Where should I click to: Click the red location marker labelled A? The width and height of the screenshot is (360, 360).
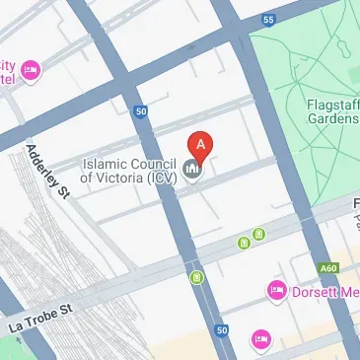pyautogui.click(x=202, y=146)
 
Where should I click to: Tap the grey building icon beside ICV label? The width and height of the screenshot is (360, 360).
pyautogui.click(x=193, y=170)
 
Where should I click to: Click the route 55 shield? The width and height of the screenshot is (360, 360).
pyautogui.click(x=269, y=20)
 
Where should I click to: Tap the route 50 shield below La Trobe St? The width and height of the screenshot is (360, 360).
pyautogui.click(x=222, y=328)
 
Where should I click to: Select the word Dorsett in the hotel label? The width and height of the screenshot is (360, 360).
pyautogui.click(x=311, y=291)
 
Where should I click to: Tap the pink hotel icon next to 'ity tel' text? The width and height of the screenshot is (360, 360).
pyautogui.click(x=30, y=70)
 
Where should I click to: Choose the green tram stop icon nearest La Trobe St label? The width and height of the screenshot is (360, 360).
pyautogui.click(x=197, y=279)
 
